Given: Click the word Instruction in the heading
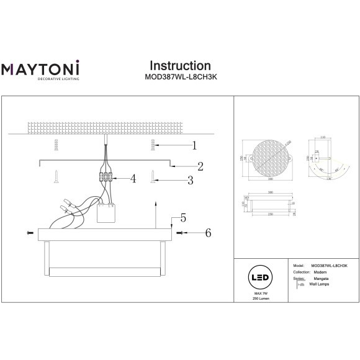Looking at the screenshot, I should (180, 66).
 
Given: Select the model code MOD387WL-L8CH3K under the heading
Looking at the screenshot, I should (180, 78).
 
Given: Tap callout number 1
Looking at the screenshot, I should (194, 146).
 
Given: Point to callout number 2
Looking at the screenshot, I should (200, 166).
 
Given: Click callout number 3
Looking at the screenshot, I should (191, 181).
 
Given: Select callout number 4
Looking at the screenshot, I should (133, 179).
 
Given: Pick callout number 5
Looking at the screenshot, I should (183, 218).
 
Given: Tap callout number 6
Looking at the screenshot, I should (208, 233).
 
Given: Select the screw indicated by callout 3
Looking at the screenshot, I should (152, 177).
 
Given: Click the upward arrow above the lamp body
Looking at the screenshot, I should (155, 211).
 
